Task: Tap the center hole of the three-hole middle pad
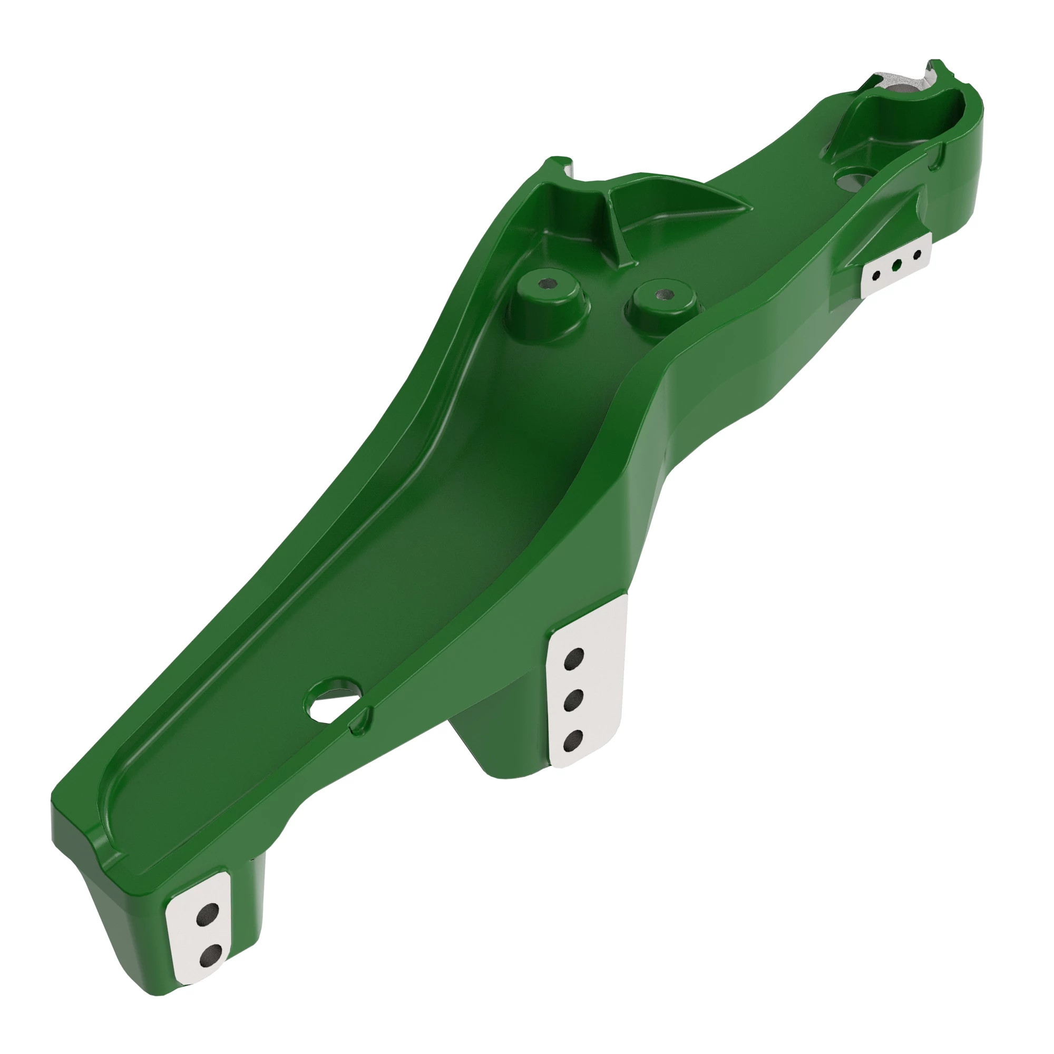click(x=573, y=700)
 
